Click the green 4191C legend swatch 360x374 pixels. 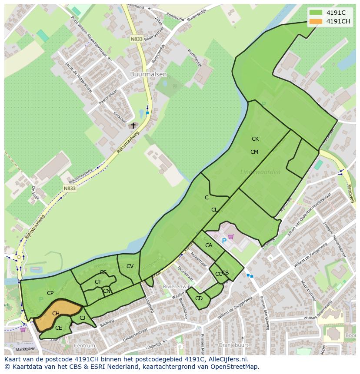click(x=316, y=13)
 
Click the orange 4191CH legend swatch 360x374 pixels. click(x=316, y=21)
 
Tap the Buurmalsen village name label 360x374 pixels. click(x=148, y=74)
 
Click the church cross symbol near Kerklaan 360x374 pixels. click(x=133, y=126)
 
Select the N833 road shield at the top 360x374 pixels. click(x=137, y=39)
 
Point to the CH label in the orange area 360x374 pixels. click(x=56, y=314)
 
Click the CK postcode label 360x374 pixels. click(x=255, y=139)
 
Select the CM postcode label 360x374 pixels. click(x=254, y=152)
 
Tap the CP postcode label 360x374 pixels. click(x=50, y=293)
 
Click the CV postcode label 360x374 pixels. click(x=130, y=266)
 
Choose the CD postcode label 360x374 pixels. click(x=199, y=298)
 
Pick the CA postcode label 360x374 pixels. click(x=209, y=245)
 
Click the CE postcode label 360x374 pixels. click(x=58, y=328)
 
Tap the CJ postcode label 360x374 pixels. click(x=82, y=318)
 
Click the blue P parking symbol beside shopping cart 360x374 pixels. click(x=224, y=241)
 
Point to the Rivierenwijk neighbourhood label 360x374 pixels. click(x=176, y=287)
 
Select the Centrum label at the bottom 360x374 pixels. click(x=84, y=346)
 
